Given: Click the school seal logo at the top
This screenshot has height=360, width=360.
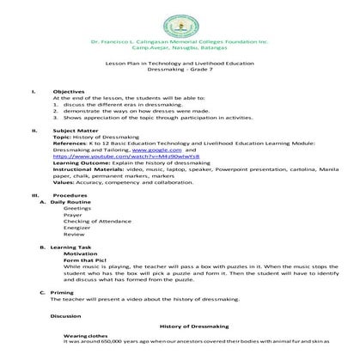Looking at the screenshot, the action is pyautogui.click(x=180, y=19).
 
